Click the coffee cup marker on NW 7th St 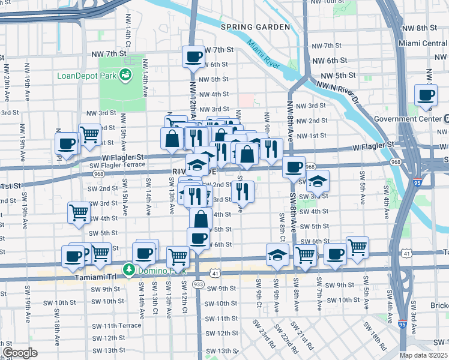point(193,57)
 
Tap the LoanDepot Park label point(87,76)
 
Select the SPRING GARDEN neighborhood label point(255,28)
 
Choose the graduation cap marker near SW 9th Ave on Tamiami point(277,254)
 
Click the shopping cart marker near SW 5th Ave point(357,246)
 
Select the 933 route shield point(198,283)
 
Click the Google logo point(20,353)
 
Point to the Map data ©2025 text point(424,355)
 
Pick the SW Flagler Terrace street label point(116,165)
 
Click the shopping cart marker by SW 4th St point(79,212)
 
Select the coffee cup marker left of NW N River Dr point(426,94)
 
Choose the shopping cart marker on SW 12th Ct point(178,256)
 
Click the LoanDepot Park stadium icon point(125,75)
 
